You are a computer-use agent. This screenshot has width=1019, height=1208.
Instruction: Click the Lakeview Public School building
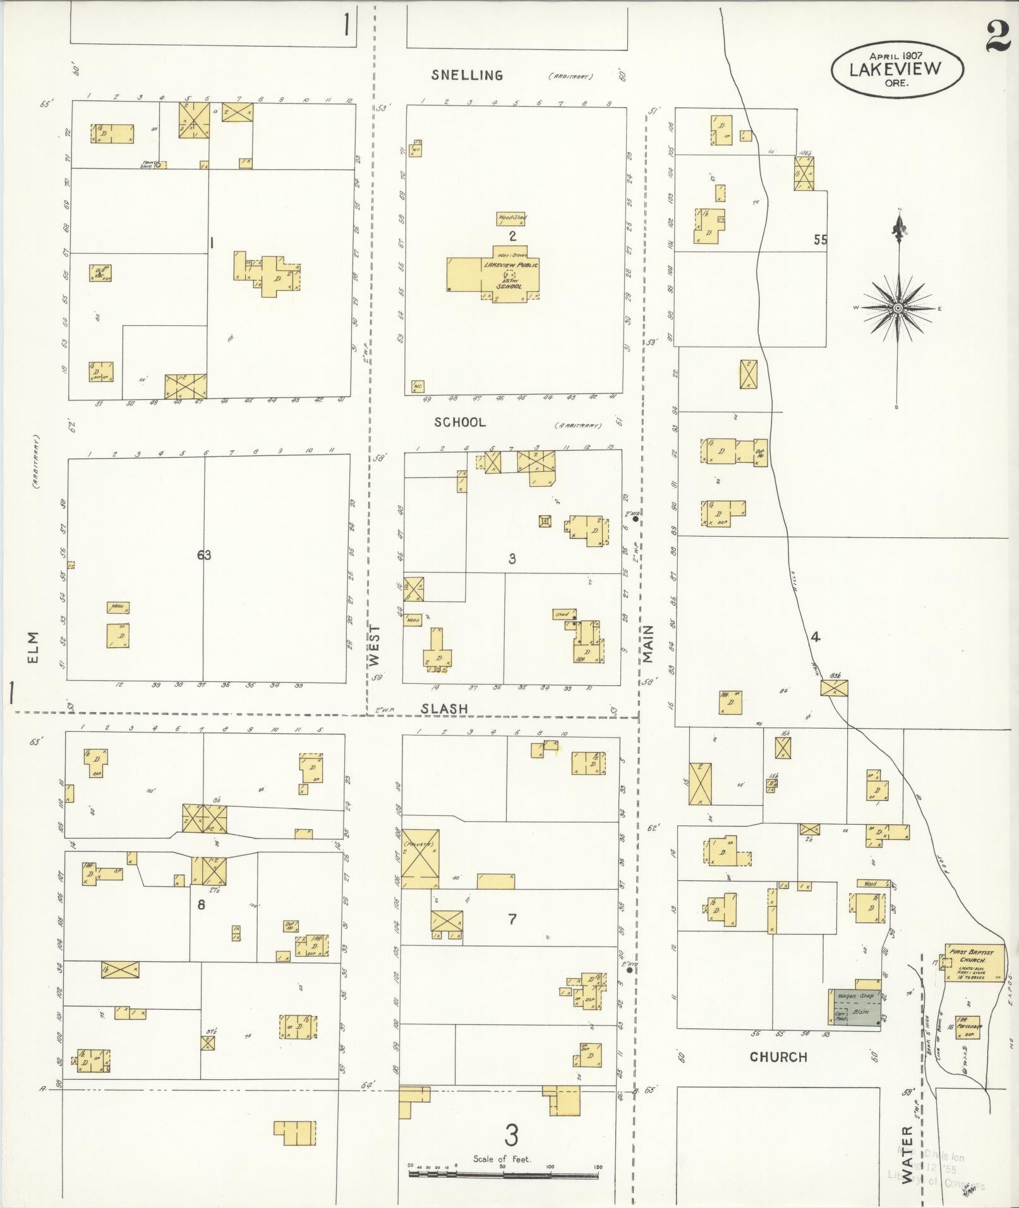(493, 275)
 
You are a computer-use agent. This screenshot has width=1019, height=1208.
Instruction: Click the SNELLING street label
(467, 75)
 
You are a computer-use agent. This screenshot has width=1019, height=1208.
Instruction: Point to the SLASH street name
(445, 709)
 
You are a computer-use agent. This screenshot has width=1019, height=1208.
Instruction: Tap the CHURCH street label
(778, 1056)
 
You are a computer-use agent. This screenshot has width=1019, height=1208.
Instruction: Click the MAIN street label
(648, 644)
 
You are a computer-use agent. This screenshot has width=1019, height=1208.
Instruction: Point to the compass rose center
(897, 308)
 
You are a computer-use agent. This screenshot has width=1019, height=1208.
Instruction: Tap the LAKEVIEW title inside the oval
(895, 69)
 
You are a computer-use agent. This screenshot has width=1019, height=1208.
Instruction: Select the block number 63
(203, 555)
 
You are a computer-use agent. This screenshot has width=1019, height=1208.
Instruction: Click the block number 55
(820, 240)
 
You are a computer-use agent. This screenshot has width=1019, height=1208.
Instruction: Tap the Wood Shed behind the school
(512, 218)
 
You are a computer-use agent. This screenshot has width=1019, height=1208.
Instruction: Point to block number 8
(201, 904)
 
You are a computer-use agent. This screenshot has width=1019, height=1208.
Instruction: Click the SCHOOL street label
(460, 422)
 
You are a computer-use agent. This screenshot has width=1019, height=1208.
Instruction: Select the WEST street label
(375, 645)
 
